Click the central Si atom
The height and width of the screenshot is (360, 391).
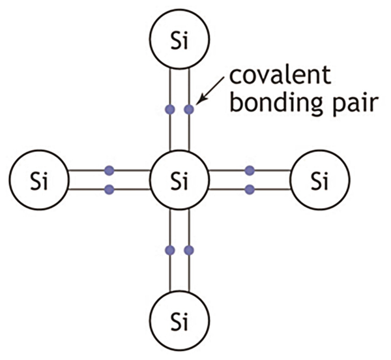[x=179, y=180]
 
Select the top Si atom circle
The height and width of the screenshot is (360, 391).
[x=179, y=40]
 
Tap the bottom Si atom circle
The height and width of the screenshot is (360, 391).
[x=179, y=320]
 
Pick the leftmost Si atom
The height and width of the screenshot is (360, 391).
[x=40, y=180]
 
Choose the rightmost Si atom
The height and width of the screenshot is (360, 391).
[x=318, y=180]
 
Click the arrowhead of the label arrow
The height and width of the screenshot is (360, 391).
[x=199, y=102]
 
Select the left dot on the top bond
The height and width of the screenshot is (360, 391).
[x=170, y=110]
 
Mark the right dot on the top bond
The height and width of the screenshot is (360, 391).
[x=189, y=110]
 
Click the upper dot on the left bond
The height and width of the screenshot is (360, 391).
[x=109, y=171]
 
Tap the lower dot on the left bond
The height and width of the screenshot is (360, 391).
[x=109, y=190]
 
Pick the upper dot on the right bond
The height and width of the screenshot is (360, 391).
[x=250, y=171]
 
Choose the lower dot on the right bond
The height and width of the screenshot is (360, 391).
[x=250, y=190]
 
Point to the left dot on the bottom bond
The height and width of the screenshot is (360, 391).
[x=170, y=250]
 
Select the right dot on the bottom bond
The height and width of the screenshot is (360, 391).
[x=189, y=250]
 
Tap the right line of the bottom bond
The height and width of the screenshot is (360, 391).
[x=189, y=274]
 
